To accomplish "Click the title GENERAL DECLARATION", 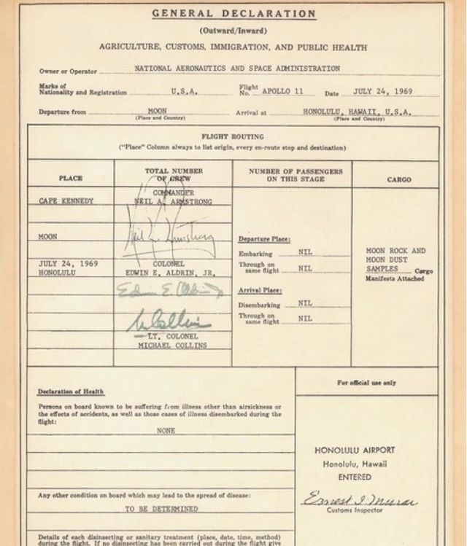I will click(233, 14).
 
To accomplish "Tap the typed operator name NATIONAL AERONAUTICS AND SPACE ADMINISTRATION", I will click(237, 69).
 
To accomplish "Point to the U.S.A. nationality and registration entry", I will click(183, 93).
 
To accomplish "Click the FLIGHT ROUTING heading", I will click(233, 136).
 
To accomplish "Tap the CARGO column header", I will click(398, 179).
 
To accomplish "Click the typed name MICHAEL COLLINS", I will click(172, 345).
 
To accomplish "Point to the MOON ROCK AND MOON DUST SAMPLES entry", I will click(395, 260).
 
